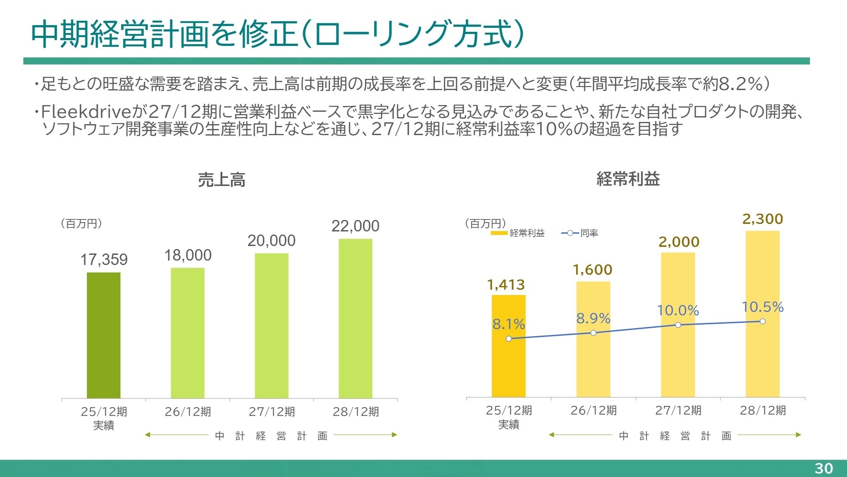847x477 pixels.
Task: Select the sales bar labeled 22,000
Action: click(x=355, y=318)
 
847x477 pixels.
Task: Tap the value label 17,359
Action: click(x=104, y=260)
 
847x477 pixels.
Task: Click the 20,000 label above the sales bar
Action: click(x=271, y=241)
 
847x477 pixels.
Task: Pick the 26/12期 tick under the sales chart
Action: click(x=187, y=412)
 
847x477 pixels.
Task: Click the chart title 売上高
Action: click(x=221, y=180)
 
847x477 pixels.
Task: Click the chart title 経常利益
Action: click(x=628, y=179)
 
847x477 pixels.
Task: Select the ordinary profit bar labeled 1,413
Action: click(x=508, y=367)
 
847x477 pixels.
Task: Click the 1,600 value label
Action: click(x=592, y=270)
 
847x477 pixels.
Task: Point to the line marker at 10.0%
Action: click(x=678, y=325)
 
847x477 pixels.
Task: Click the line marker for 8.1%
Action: click(x=509, y=339)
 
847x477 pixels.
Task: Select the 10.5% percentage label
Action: click(x=762, y=307)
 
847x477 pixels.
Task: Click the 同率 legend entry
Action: click(x=580, y=233)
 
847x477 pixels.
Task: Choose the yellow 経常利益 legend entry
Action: click(x=518, y=233)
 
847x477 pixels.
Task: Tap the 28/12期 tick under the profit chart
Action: click(x=762, y=410)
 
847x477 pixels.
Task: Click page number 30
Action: click(x=823, y=468)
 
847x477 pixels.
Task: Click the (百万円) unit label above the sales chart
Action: click(x=81, y=223)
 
